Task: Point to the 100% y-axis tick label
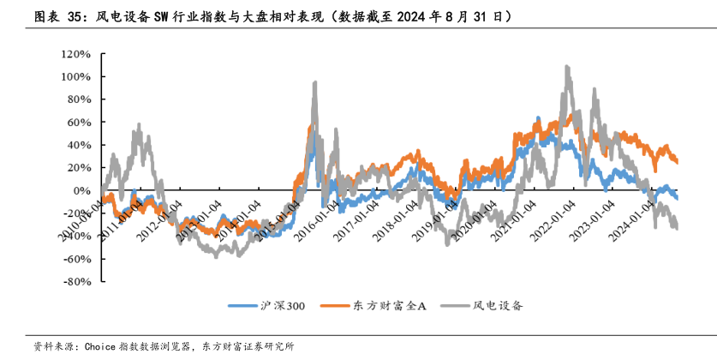click(75, 76)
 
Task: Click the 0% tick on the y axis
click(81, 190)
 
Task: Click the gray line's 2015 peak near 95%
click(315, 82)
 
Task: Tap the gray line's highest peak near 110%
click(567, 66)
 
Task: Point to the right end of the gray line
click(677, 228)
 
